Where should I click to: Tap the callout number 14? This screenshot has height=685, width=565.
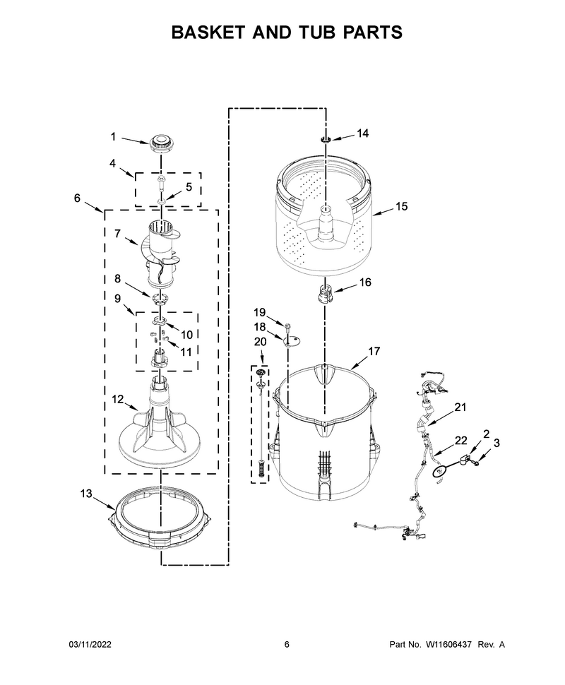pos(363,133)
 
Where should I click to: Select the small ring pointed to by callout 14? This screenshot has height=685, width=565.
pos(326,140)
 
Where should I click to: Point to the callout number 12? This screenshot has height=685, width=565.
pos(117,399)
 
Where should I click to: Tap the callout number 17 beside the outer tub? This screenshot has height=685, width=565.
pos(374,351)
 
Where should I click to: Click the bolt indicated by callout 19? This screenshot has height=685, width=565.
pos(288,327)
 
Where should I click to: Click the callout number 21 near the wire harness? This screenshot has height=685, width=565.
pos(460,407)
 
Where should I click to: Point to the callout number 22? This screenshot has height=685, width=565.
pos(461,441)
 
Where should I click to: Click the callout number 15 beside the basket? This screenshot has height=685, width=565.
pos(401,206)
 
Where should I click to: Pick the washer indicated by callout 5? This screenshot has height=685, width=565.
pos(162,201)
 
